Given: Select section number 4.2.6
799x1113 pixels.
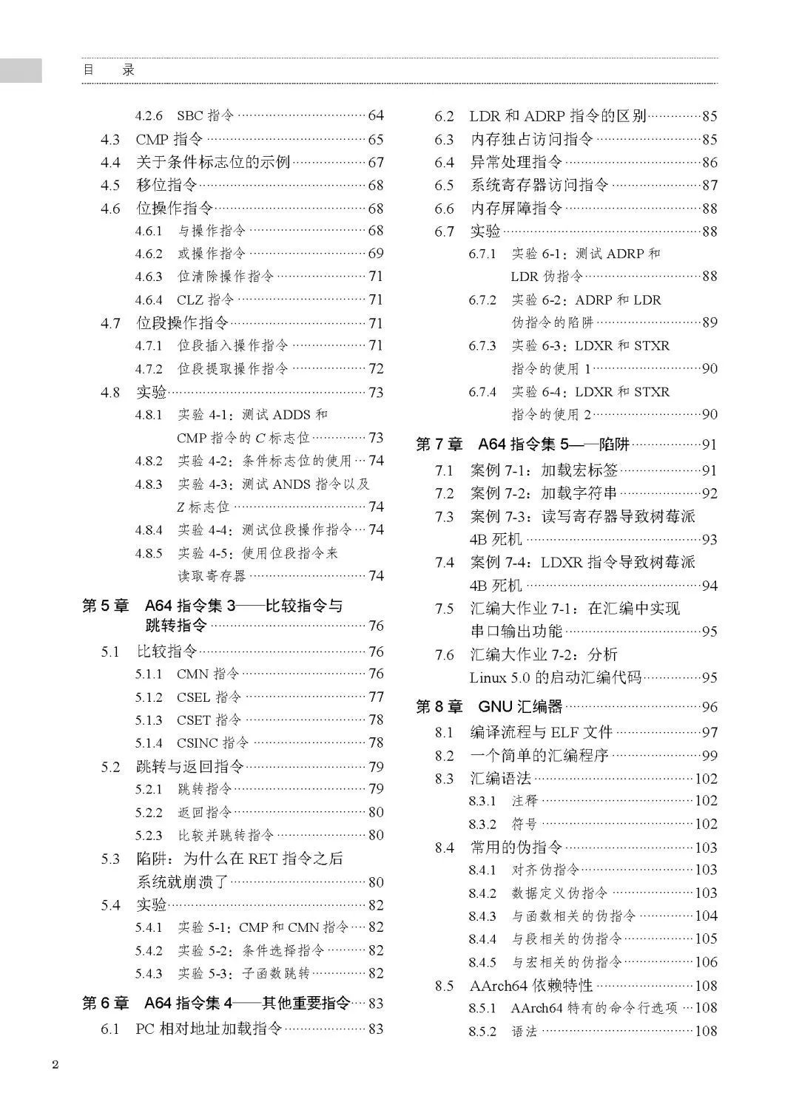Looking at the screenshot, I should (149, 115).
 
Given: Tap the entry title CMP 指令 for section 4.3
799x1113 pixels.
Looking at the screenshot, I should (169, 139).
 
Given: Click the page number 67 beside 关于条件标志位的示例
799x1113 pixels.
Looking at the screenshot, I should (376, 162).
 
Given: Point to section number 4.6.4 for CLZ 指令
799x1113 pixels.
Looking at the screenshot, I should (149, 300).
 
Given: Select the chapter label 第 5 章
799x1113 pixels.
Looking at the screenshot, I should (105, 606).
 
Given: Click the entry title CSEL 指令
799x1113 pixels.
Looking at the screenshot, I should (209, 697).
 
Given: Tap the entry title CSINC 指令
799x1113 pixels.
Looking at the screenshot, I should (212, 742).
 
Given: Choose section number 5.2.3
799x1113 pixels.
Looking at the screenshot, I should (149, 835).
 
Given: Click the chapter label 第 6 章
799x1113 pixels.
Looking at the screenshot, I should (105, 1003).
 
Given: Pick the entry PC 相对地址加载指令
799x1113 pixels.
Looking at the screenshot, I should (209, 1029).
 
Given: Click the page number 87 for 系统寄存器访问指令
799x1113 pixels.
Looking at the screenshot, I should (709, 185).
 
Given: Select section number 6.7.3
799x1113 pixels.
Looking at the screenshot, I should (482, 345).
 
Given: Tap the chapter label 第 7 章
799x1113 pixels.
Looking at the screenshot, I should (439, 444).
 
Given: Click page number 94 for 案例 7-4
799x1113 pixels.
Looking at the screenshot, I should (709, 586).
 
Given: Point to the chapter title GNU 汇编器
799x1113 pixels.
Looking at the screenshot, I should (520, 707).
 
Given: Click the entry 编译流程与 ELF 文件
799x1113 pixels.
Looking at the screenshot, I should (541, 732).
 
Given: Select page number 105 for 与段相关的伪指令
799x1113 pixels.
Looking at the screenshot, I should (706, 938).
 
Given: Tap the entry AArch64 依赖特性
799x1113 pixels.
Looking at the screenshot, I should (531, 985).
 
